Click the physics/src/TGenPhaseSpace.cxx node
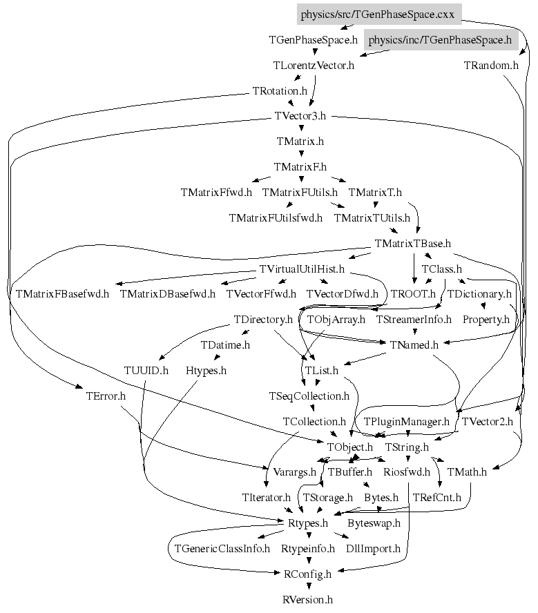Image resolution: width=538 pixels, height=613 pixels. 378,14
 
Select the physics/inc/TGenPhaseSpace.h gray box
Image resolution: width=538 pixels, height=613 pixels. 440,40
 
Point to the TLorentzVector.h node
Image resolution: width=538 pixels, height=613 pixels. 314,66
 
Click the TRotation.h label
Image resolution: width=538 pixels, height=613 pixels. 280,91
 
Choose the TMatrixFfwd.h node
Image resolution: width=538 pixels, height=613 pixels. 216,192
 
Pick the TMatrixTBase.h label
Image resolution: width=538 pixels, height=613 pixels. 412,243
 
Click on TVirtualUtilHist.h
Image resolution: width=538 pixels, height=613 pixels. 302,269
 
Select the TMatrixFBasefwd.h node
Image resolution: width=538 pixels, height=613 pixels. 62,294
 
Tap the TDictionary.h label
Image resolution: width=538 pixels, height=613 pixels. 479,294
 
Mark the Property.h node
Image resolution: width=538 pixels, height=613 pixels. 486,320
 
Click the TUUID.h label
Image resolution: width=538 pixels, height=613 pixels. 146,371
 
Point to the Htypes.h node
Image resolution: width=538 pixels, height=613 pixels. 206,371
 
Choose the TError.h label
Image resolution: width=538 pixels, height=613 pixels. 106,396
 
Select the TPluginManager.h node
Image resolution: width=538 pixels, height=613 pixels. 407,421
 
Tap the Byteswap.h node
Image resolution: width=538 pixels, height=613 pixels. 374,523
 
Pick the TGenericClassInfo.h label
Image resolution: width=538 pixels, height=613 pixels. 222,549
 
